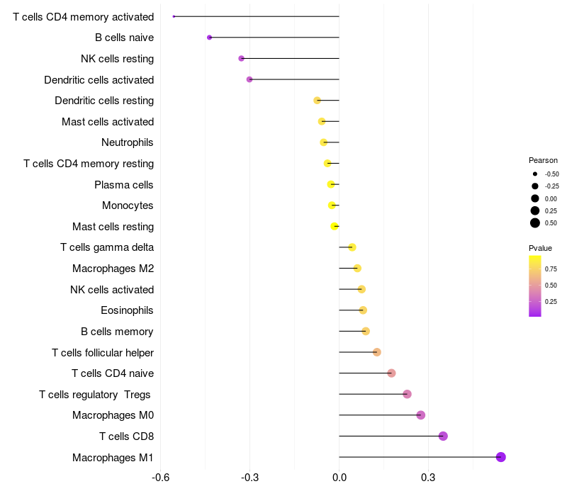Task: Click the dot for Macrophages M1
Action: pos(500,457)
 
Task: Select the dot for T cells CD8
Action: pos(443,436)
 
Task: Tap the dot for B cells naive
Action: pos(209,38)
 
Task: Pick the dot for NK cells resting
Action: pos(241,58)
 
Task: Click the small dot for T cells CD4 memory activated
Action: pos(174,16)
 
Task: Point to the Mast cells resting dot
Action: pos(335,226)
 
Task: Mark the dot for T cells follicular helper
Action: pos(377,352)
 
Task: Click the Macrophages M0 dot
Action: pos(420,415)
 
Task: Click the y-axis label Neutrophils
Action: pos(128,142)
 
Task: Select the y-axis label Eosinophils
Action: pos(127,310)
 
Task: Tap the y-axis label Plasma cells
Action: pos(123,185)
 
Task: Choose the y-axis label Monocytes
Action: pos(128,205)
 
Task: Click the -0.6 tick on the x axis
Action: pos(161,478)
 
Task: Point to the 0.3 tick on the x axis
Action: pos(428,478)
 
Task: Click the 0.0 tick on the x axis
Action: pos(339,478)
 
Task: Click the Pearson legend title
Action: pos(543,160)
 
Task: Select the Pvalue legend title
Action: pos(540,248)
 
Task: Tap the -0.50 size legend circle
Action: pos(535,174)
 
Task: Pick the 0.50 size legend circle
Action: pos(535,223)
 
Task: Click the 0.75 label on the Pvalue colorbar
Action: pos(551,269)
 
